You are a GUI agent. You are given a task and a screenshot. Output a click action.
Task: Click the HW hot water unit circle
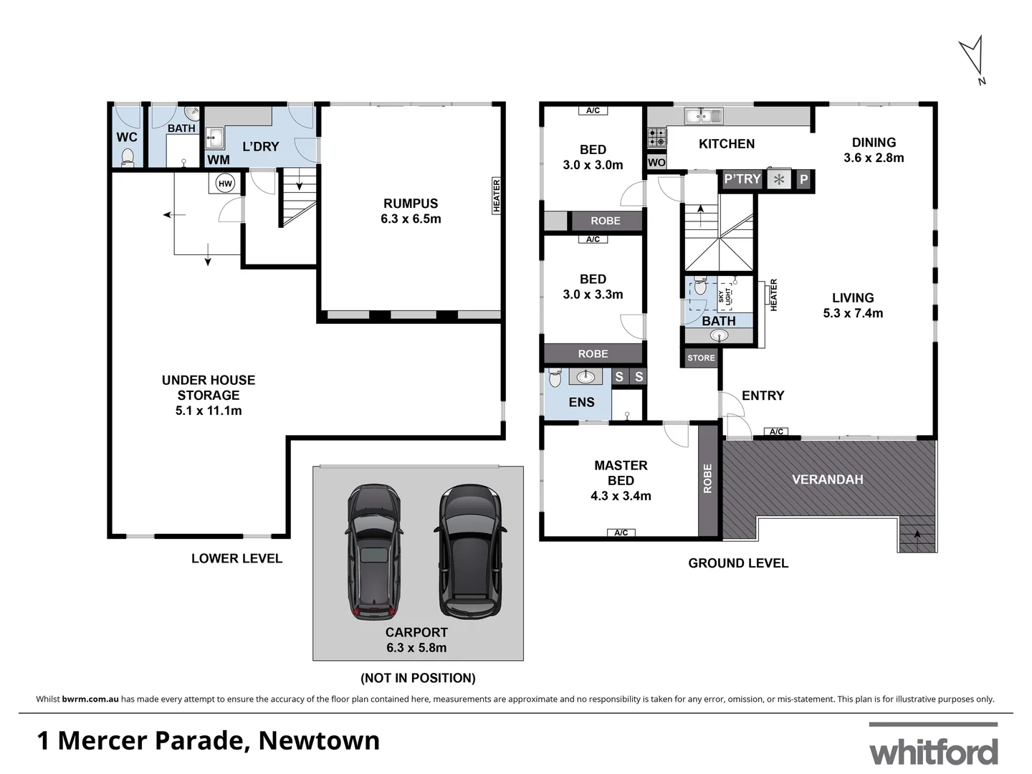click(x=225, y=183)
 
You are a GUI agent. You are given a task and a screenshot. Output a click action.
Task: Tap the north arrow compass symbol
click(x=973, y=58)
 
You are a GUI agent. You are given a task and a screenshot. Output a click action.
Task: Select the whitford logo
click(x=933, y=747)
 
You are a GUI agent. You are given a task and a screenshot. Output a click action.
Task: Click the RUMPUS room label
click(x=411, y=204)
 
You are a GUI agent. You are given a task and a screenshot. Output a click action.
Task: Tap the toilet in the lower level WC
click(x=128, y=157)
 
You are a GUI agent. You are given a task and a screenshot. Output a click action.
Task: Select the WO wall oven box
click(x=656, y=163)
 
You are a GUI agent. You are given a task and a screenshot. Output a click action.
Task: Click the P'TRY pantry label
click(x=742, y=179)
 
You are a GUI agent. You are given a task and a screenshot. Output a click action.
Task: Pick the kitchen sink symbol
click(x=703, y=115)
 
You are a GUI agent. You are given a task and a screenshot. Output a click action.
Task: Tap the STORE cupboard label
click(x=701, y=358)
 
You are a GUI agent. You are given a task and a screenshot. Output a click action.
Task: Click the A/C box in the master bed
click(x=621, y=532)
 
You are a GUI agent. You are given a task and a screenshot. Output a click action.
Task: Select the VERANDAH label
click(x=827, y=479)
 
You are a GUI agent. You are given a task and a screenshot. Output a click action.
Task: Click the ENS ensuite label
click(x=581, y=403)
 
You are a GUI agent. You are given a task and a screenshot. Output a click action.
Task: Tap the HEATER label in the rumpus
click(x=497, y=196)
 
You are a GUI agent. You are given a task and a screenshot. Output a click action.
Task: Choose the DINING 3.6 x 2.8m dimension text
click(x=874, y=158)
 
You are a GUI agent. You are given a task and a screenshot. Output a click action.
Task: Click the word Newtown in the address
click(x=319, y=740)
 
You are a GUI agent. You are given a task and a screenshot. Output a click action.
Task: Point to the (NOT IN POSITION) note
click(x=418, y=678)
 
